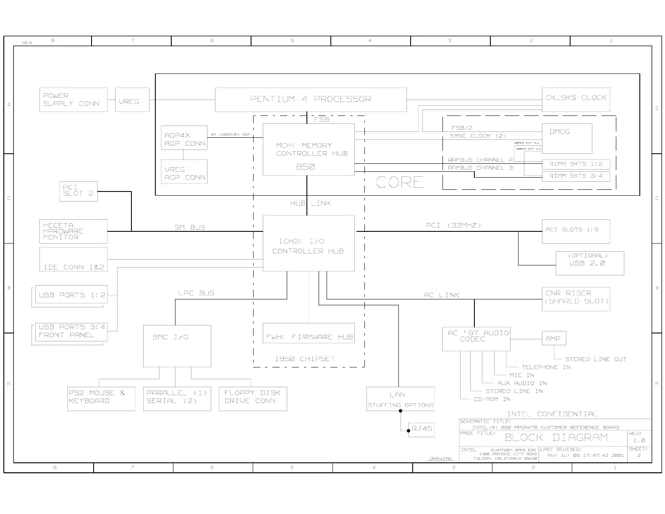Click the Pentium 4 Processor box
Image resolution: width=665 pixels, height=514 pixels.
pyautogui.click(x=311, y=100)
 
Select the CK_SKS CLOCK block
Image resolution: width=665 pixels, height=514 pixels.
pyautogui.click(x=576, y=100)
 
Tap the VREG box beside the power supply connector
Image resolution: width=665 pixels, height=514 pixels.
pyautogui.click(x=132, y=100)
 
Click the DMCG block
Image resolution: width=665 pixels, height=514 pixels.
pyautogui.click(x=567, y=138)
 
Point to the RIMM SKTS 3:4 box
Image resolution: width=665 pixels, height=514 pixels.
pyautogui.click(x=576, y=176)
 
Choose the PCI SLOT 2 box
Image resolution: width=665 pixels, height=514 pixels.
pyautogui.click(x=79, y=191)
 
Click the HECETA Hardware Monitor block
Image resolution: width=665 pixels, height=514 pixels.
pyautogui.click(x=73, y=231)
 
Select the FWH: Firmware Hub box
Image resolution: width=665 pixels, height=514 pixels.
pyautogui.click(x=309, y=333)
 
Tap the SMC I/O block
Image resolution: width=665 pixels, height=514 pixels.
pyautogui.click(x=177, y=346)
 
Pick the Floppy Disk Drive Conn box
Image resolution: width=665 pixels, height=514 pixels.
pyautogui.click(x=253, y=399)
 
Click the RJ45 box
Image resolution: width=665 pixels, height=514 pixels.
pyautogui.click(x=422, y=429)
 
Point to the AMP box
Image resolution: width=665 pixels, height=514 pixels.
pyautogui.click(x=554, y=338)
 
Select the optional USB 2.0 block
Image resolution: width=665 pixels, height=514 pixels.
pyautogui.click(x=589, y=263)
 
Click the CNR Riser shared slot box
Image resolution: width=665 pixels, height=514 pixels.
pyautogui.click(x=576, y=299)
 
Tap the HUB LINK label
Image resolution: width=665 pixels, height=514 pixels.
pyautogui.click(x=310, y=203)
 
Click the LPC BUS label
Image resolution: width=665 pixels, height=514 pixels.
pyautogui.click(x=196, y=293)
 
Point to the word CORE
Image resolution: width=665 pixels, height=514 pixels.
pyautogui.click(x=400, y=182)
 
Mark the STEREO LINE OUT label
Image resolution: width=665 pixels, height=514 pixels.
pyautogui.click(x=595, y=359)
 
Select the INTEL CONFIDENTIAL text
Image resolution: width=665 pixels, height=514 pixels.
pyautogui.click(x=552, y=414)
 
